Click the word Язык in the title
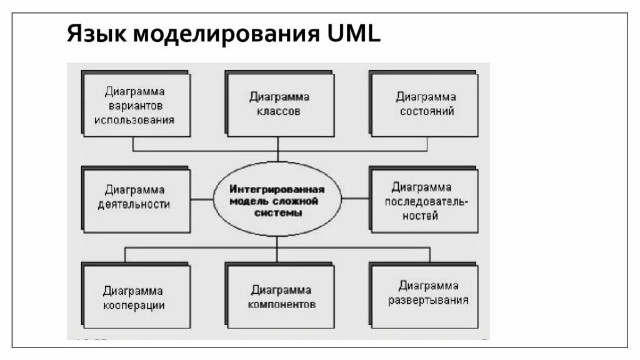click(95, 34)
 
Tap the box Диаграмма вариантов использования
click(135, 105)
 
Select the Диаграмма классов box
click(279, 104)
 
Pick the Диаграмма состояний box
click(425, 104)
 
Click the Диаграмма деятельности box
click(135, 199)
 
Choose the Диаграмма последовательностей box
click(425, 200)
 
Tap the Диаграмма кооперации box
click(135, 296)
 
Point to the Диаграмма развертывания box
click(425, 294)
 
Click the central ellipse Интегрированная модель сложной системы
click(277, 199)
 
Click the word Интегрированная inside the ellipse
click(276, 189)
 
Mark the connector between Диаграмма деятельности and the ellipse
click(201, 199)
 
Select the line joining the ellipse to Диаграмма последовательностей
click(355, 199)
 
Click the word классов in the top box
click(279, 112)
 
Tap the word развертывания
click(428, 300)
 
